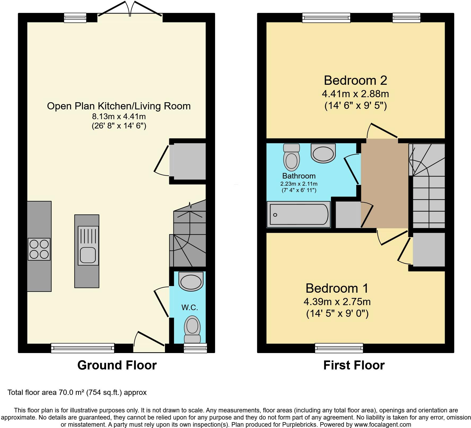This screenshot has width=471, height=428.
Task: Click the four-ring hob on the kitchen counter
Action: coord(39,249)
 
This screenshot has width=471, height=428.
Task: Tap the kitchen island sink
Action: coord(88,246)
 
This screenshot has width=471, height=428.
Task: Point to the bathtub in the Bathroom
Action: coord(299,215)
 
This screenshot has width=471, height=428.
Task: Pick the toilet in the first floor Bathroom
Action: coord(291,157)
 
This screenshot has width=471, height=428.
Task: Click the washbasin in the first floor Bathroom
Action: coord(323,153)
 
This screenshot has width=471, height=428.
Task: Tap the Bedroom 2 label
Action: coord(355,80)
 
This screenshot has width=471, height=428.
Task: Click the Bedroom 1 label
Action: coord(337,288)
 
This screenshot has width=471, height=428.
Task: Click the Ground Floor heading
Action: coord(117,365)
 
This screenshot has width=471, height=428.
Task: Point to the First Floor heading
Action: coord(354,365)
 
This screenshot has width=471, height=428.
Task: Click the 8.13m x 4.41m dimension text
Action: coord(119,116)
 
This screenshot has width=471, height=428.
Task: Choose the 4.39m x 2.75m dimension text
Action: coord(337,302)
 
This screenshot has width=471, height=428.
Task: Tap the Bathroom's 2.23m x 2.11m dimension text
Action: coord(299,184)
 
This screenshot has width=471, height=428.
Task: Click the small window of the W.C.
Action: coord(195,348)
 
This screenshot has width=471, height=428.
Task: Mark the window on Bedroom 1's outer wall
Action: coord(339,348)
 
